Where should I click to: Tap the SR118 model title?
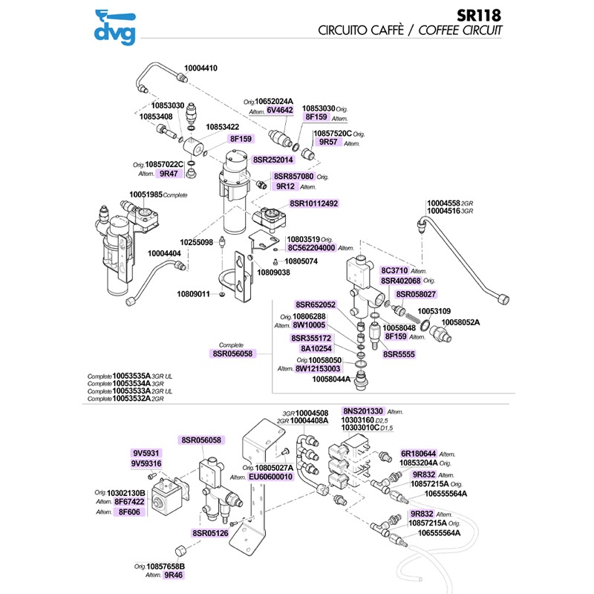coord(480,15)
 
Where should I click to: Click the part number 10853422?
coord(223,127)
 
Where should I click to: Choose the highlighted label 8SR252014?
coord(273,159)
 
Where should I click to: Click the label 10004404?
coord(166,253)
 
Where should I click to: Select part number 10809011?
coord(193,295)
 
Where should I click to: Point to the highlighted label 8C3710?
coord(395,270)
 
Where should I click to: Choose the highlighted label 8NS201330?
coord(362,411)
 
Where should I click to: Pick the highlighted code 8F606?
coord(129,512)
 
